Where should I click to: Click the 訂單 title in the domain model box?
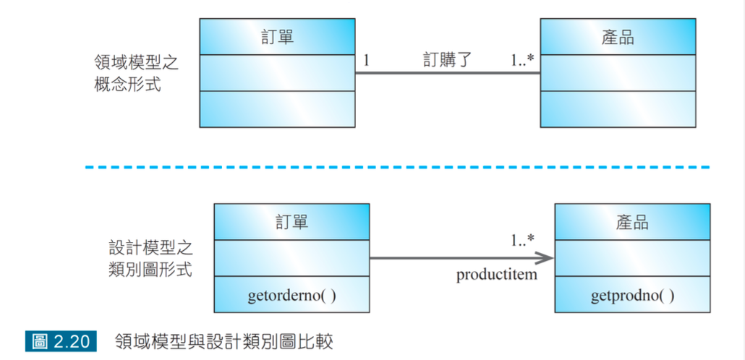pos(277,37)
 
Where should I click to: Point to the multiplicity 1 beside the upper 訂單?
pos(366,61)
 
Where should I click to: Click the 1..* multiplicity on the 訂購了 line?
pos(521,61)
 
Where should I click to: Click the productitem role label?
pos(496,275)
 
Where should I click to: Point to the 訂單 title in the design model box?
pos(291,222)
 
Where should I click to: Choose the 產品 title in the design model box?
pos(631,222)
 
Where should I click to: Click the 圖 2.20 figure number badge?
pos(61,340)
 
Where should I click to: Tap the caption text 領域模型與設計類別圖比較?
pos(223,340)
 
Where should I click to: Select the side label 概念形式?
pos(127,85)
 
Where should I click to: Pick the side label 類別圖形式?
pos(146,270)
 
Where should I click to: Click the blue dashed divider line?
pos(397,167)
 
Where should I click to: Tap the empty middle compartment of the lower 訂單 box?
pos(291,258)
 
